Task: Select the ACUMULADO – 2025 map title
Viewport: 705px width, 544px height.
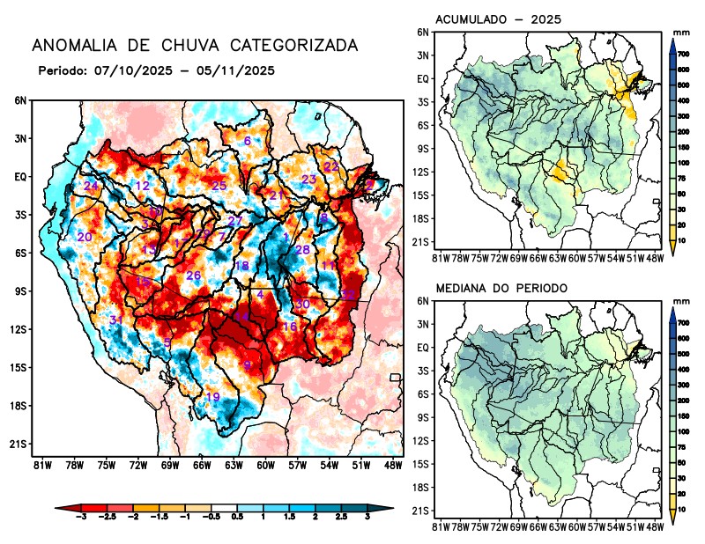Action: pos(499,18)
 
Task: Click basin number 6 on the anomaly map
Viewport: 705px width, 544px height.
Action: pos(248,141)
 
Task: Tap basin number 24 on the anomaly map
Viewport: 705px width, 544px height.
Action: pos(91,186)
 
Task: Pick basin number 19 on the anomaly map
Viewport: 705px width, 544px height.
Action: pos(212,397)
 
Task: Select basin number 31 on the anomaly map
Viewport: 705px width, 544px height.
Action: pos(115,320)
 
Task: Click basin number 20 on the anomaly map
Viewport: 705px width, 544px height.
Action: pos(85,238)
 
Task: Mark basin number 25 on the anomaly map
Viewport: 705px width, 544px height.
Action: pos(219,185)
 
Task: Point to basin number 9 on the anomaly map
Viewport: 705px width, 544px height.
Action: pos(248,365)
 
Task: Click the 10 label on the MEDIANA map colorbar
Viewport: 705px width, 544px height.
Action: pos(683,510)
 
